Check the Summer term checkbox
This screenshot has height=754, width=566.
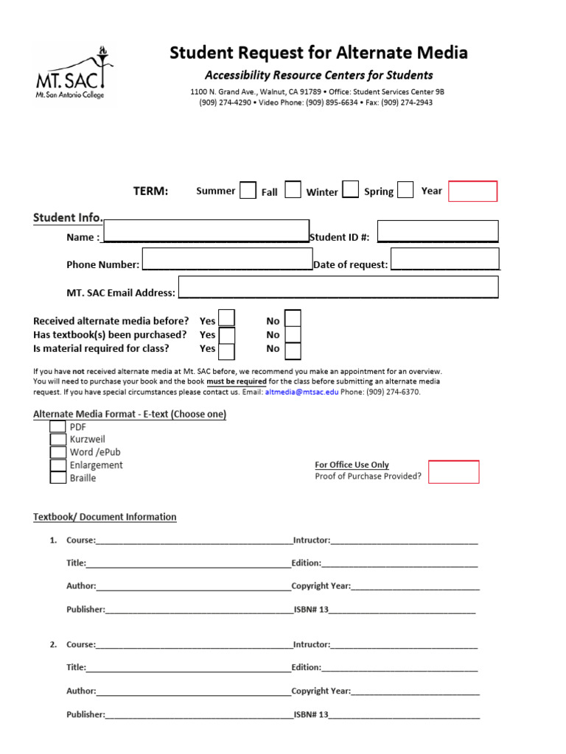[248, 190]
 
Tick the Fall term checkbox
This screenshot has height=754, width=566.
[293, 190]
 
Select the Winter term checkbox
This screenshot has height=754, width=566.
[351, 190]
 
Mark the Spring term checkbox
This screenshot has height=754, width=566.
[405, 190]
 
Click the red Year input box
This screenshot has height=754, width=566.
[473, 191]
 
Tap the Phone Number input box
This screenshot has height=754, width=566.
[227, 259]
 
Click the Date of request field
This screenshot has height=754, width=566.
[445, 259]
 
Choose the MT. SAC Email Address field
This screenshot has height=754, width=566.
[338, 287]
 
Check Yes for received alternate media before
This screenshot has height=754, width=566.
[227, 318]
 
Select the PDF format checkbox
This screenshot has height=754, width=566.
[58, 426]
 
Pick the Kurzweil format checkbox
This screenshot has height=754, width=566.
[58, 439]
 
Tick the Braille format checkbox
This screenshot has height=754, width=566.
[58, 477]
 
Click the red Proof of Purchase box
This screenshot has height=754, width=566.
[454, 472]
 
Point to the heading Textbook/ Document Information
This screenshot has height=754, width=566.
[105, 517]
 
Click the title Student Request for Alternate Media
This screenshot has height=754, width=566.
[318, 53]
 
